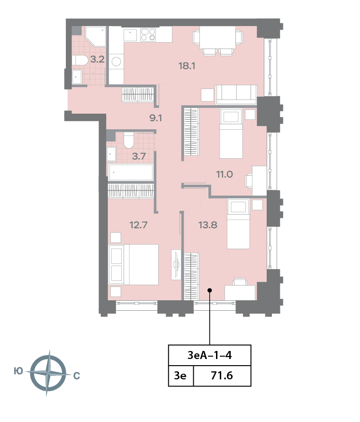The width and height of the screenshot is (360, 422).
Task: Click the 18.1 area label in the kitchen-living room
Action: pos(187,66)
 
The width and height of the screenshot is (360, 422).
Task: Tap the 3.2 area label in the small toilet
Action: pos(97,59)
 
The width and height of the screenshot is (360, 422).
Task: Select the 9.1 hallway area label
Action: pos(156,118)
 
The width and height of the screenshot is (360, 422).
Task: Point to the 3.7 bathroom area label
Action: pos(139,156)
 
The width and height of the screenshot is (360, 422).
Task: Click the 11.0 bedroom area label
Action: pos(225,174)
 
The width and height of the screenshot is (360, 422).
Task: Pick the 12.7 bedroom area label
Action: pos(138,224)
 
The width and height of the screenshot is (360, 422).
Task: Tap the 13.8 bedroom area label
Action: pos(208,224)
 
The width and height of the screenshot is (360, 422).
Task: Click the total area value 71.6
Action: pos(222,376)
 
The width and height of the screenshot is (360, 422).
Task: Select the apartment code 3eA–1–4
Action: pos(209,355)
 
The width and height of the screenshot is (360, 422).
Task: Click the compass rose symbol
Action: pos(48,373)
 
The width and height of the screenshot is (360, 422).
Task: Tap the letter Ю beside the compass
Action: pos(18,371)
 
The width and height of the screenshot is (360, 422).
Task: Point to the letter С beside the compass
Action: pos(77,376)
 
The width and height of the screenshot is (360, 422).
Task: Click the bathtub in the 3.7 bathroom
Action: pos(131,172)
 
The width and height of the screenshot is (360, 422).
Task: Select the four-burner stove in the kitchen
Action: pos(148,35)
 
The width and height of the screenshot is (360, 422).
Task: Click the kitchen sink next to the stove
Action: pos(130,35)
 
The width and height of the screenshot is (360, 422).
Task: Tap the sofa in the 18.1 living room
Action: pos(236,94)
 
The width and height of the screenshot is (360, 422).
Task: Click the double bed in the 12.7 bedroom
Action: pos(133,265)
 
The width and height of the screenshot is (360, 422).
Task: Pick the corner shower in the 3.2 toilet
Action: pos(95,36)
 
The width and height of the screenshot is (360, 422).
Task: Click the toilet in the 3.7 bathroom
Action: pos(129,140)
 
